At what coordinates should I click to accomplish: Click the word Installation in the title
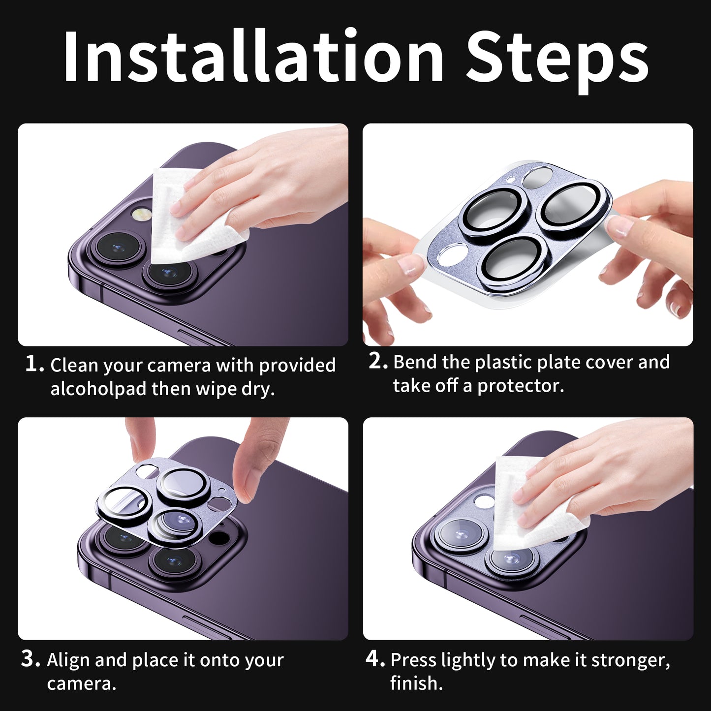point(253,57)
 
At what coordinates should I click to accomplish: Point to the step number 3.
point(30,659)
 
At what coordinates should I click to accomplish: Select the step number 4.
point(375,659)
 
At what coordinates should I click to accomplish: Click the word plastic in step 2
point(502,363)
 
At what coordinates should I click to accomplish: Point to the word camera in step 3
point(82,684)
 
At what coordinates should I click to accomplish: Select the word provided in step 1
point(297,366)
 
